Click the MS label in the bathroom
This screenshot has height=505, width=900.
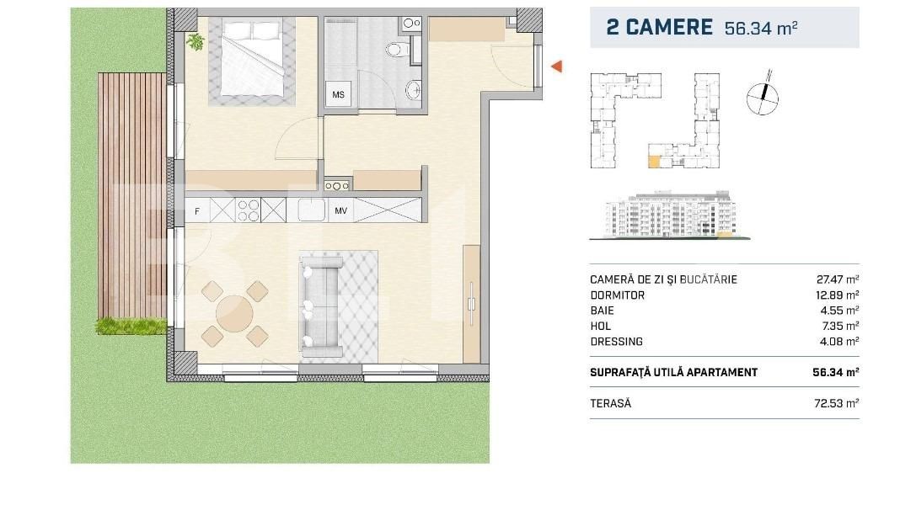click(x=338, y=95)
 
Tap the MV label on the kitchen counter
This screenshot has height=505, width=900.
click(x=341, y=210)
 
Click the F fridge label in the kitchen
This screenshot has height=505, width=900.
click(x=197, y=211)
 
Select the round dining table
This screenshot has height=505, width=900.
click(x=234, y=314)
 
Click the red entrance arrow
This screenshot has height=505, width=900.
click(x=556, y=66)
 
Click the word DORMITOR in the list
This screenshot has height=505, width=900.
click(x=618, y=295)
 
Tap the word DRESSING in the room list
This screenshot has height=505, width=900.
click(x=617, y=342)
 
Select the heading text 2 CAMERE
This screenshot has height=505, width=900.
click(x=659, y=27)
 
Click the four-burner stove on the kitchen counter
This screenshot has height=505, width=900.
click(x=249, y=210)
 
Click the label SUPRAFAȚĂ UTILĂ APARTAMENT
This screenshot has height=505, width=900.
click(x=673, y=372)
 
